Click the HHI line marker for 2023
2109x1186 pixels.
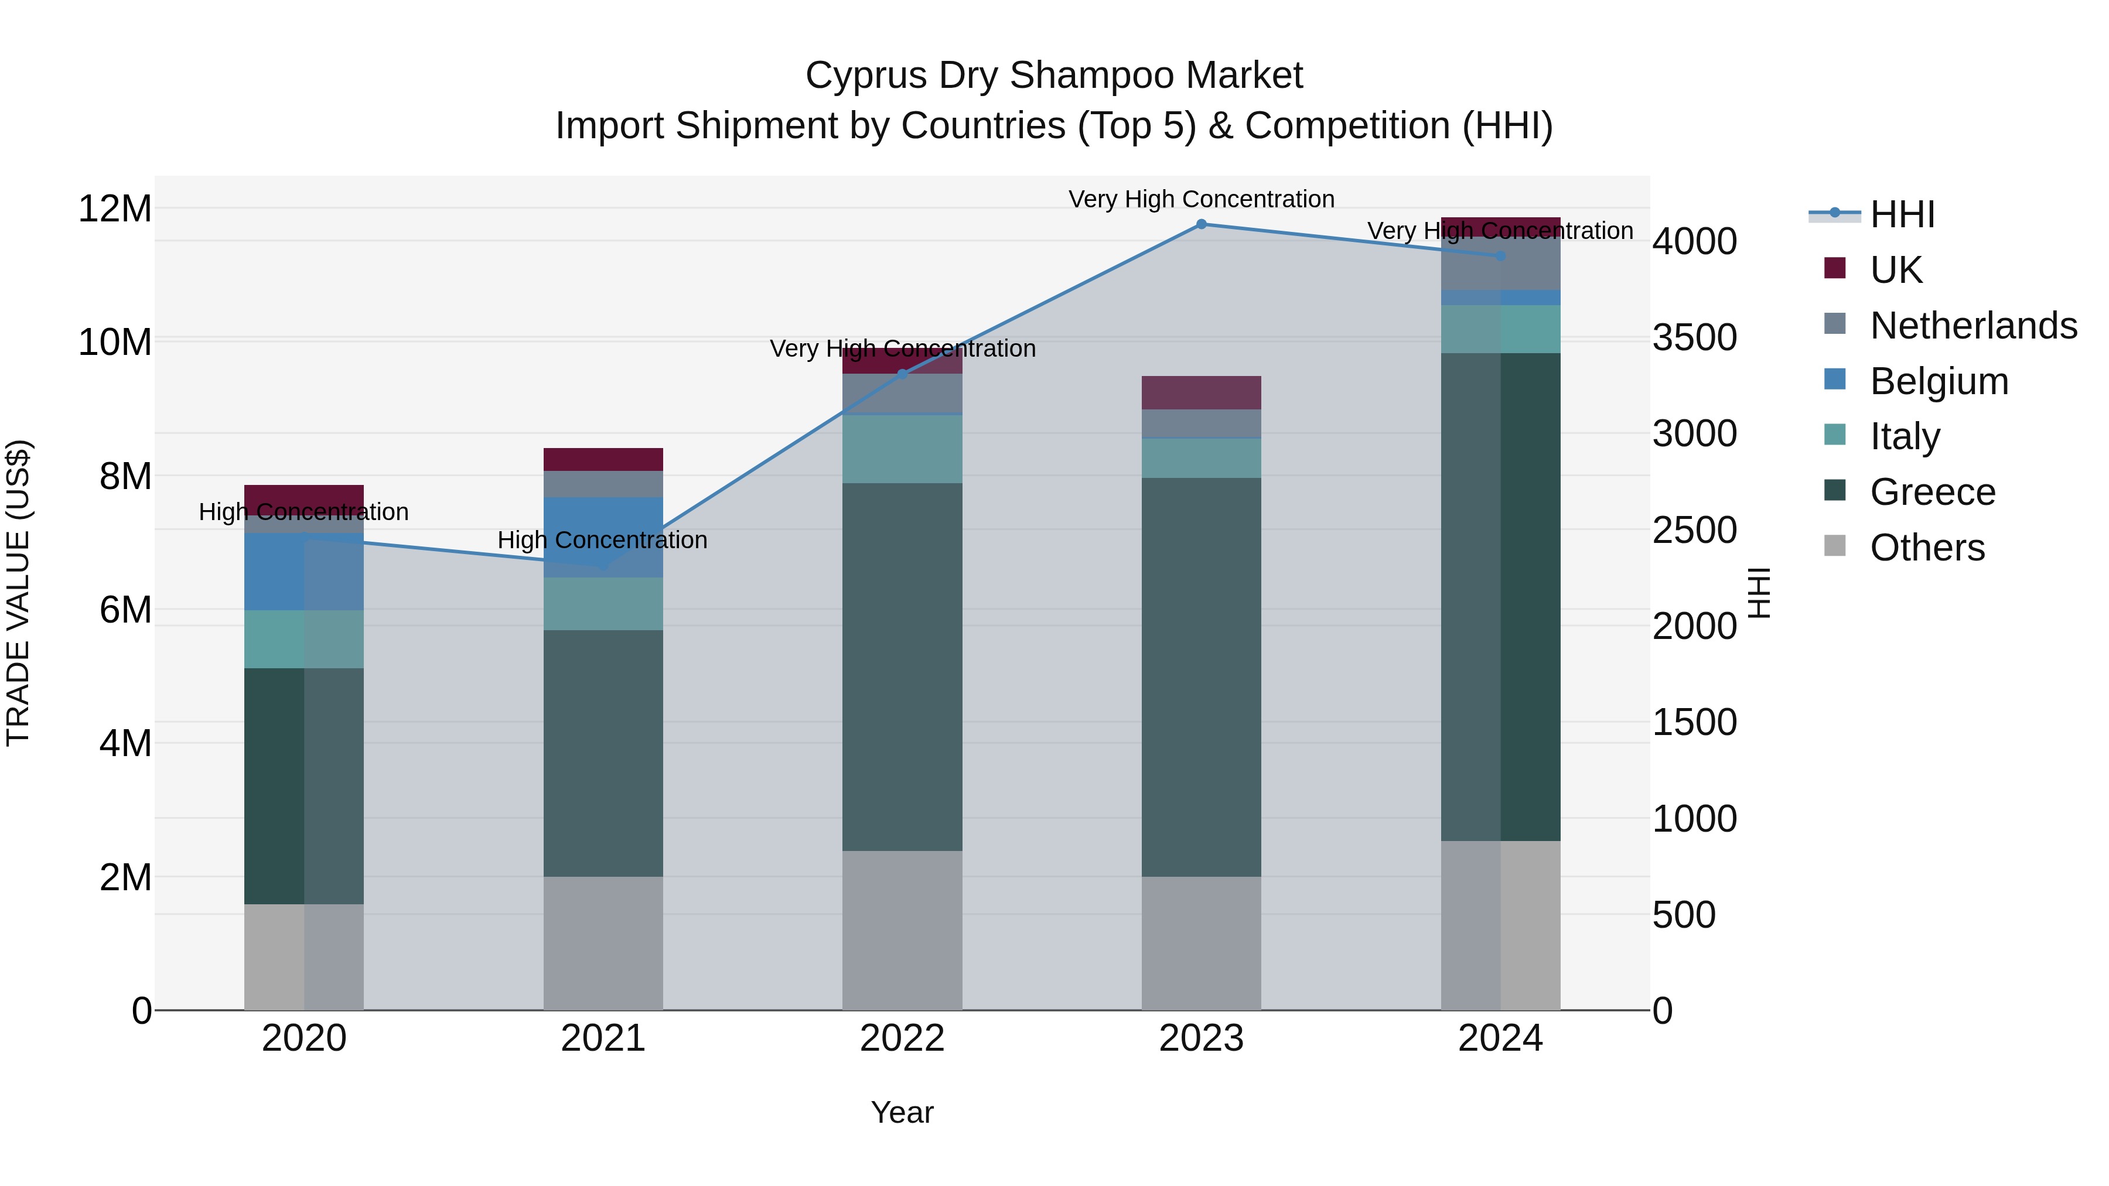[1201, 224]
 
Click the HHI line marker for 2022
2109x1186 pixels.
[902, 374]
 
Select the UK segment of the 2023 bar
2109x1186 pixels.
[1201, 393]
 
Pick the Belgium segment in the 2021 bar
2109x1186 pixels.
[603, 537]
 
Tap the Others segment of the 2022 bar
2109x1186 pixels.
[902, 930]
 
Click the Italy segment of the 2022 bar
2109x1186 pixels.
[902, 449]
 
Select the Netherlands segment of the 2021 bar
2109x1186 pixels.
[603, 484]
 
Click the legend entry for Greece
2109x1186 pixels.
[1932, 492]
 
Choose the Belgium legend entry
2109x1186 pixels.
[1939, 381]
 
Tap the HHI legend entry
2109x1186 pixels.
[1902, 214]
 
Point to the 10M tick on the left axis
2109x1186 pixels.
[115, 342]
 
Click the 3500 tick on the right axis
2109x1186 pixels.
[1694, 337]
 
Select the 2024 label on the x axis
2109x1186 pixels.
[1500, 1038]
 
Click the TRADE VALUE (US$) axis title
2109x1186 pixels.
[18, 593]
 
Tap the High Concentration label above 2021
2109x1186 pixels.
[603, 540]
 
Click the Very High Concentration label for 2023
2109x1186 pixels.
[1201, 199]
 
